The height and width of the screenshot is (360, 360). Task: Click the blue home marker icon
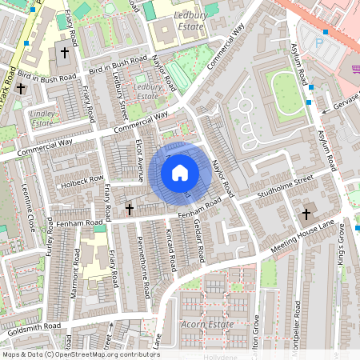(179, 172)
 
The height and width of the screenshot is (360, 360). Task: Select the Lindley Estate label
(42, 118)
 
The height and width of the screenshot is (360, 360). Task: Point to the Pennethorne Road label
(145, 268)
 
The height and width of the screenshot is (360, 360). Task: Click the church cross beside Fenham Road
(130, 210)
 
